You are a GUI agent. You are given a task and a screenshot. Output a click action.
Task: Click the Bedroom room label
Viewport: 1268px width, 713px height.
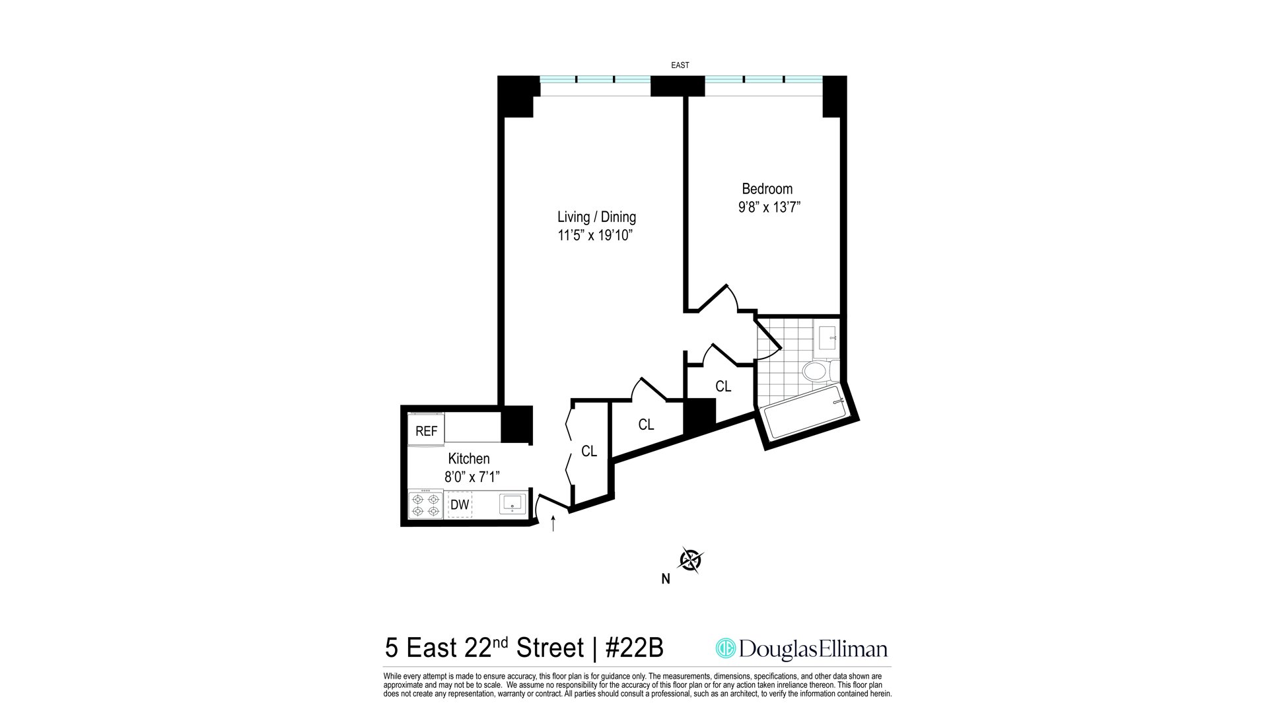tap(767, 189)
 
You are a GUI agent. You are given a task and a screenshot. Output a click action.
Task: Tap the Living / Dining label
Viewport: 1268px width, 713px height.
tap(596, 217)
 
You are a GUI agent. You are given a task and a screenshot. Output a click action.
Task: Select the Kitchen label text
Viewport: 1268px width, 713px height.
tap(469, 459)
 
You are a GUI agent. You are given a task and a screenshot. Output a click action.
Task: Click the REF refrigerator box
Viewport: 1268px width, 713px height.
tap(426, 430)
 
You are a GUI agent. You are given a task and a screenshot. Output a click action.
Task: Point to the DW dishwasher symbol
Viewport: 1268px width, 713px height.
tap(460, 505)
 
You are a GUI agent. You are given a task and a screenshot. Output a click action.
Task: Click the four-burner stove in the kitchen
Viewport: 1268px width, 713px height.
tap(426, 504)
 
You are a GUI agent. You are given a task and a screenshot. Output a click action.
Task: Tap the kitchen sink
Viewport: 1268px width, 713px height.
tap(512, 504)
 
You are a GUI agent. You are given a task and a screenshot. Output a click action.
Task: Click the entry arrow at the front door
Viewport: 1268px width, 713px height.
tap(553, 524)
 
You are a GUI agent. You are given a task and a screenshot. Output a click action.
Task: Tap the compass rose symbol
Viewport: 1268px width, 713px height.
tap(691, 560)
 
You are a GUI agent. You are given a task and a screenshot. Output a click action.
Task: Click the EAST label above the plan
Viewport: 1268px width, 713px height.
tap(680, 65)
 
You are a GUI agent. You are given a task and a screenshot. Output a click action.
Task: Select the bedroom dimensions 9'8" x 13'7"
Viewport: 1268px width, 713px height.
tap(769, 207)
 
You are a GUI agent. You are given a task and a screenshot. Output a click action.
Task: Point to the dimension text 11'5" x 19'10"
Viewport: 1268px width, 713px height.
tap(596, 236)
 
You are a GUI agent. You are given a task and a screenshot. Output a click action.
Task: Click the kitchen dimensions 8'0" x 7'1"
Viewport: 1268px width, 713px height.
tap(472, 477)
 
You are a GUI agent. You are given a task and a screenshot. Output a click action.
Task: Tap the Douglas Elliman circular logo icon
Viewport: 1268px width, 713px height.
tap(726, 648)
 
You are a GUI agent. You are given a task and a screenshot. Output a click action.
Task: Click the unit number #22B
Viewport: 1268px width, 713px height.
tap(634, 648)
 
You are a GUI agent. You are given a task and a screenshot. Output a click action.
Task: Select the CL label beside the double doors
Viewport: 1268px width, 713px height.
tap(589, 452)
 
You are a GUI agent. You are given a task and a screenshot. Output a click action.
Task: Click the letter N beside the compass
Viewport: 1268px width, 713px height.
tap(666, 580)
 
